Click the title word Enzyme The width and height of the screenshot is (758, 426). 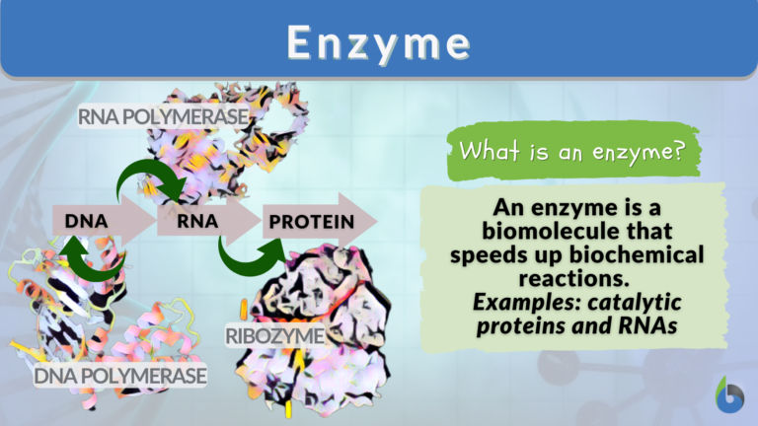pyautogui.click(x=378, y=41)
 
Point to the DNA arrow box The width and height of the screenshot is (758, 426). pyautogui.click(x=87, y=220)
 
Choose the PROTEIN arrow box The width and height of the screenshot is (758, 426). pyautogui.click(x=310, y=220)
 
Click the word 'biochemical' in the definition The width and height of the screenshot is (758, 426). pyautogui.click(x=641, y=254)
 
